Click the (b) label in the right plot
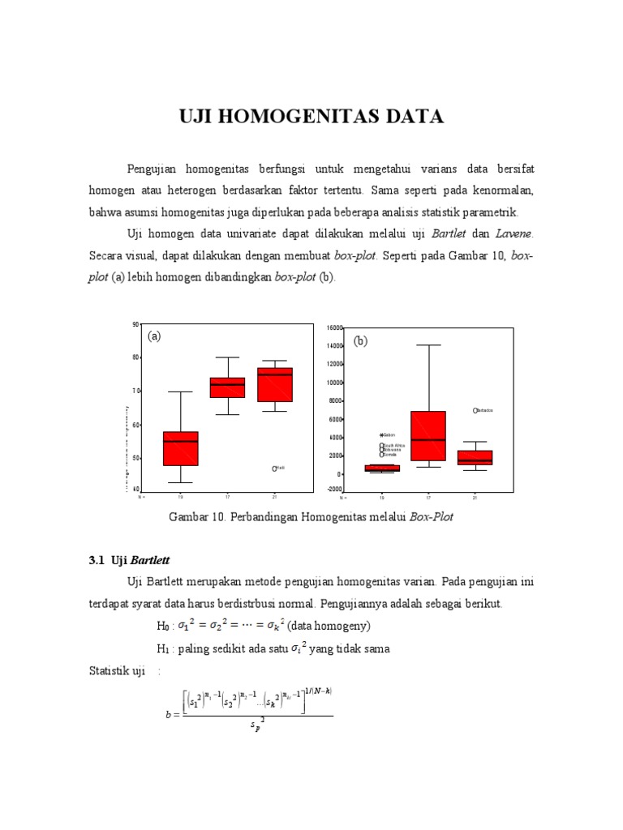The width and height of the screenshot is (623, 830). tap(360, 341)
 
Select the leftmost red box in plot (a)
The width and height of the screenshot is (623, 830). tap(180, 448)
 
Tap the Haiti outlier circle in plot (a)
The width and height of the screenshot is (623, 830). tap(275, 468)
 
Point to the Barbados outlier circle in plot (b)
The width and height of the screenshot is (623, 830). tap(476, 410)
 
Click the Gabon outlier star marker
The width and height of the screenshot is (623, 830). tap(381, 435)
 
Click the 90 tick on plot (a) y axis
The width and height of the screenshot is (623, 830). tap(135, 325)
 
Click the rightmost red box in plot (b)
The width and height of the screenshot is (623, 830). tap(475, 457)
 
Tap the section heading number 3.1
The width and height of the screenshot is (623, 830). tap(97, 560)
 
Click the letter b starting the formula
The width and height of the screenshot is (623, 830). tap(167, 715)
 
